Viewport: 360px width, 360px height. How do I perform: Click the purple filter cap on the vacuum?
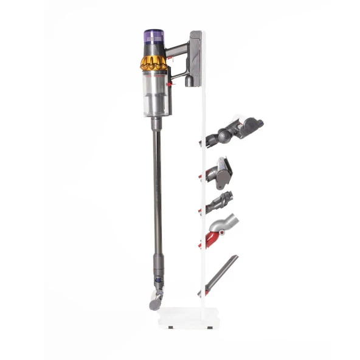(x=154, y=35)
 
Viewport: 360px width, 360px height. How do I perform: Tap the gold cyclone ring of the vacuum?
(x=154, y=62)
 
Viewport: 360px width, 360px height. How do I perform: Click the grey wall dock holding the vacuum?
(x=195, y=58)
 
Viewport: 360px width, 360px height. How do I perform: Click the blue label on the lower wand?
(x=158, y=280)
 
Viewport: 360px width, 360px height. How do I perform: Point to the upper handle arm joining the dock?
(x=178, y=49)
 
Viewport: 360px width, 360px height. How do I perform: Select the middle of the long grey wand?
(x=157, y=201)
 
